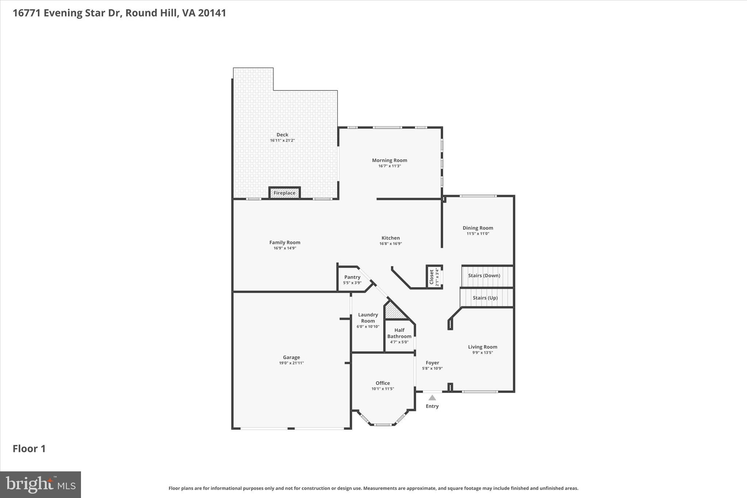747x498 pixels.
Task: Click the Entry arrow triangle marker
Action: (x=432, y=398)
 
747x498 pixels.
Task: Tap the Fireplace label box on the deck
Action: (x=285, y=193)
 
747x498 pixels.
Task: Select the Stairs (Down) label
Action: (x=484, y=275)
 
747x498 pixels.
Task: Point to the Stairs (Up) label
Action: (x=485, y=298)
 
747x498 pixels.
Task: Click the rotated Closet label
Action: (x=431, y=277)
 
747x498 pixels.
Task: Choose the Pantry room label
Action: (x=352, y=277)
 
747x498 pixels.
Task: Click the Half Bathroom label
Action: (x=399, y=333)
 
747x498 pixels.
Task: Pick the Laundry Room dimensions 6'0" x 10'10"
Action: (x=368, y=327)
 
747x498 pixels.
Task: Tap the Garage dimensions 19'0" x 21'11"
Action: (x=291, y=363)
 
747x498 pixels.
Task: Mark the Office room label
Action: (x=383, y=383)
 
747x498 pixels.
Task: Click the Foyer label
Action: (x=432, y=363)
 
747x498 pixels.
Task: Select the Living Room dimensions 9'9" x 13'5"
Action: (x=483, y=352)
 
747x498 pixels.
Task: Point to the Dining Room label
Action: (x=478, y=228)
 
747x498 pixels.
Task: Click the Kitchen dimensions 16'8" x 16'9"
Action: (x=390, y=244)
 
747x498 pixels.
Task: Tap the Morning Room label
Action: (x=390, y=160)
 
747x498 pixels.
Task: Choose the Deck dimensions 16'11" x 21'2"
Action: (x=282, y=140)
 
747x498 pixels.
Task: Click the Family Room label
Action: (x=285, y=242)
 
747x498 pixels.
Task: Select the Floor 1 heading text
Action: (x=29, y=449)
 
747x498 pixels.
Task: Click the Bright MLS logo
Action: (x=40, y=485)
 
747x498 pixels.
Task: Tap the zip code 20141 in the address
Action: (x=212, y=13)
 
